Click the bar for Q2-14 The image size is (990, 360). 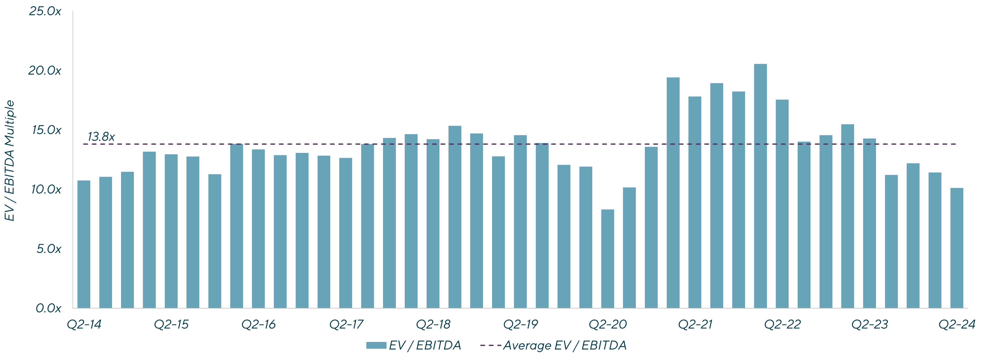[84, 244]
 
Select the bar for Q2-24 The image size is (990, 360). [956, 248]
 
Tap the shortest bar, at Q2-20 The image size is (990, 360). [608, 259]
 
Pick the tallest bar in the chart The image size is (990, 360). [760, 186]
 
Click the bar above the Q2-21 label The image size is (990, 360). [695, 202]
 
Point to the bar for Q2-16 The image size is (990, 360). [258, 229]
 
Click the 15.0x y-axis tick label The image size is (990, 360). [46, 130]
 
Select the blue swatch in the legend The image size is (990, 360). [376, 345]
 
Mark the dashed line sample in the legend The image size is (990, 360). [490, 345]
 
